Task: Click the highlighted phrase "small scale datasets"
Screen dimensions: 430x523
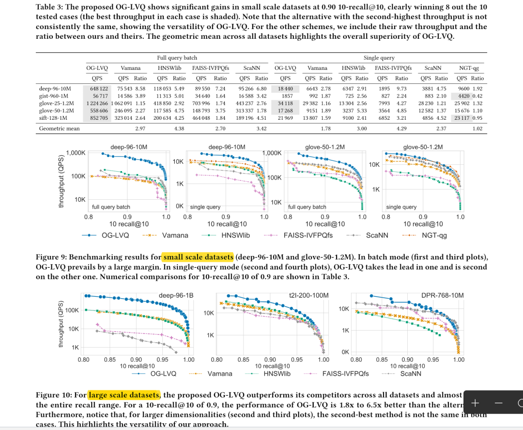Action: coord(198,257)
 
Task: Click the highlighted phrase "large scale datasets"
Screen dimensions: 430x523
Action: coord(124,395)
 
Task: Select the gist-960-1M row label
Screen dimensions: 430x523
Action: coord(54,96)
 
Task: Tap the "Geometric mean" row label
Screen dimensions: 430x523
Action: coord(60,128)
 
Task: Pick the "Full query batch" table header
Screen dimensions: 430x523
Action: coord(177,58)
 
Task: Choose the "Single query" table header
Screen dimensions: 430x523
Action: coord(379,58)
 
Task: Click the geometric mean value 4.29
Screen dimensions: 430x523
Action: coord(402,128)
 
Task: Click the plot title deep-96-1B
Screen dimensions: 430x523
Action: coord(176,295)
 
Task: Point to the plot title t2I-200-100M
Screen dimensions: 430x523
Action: coord(308,295)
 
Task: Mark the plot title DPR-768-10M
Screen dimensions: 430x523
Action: coord(442,295)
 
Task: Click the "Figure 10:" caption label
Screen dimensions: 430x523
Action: coord(54,395)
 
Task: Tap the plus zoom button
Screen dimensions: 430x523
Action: coord(475,403)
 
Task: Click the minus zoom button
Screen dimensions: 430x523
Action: coord(499,403)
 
